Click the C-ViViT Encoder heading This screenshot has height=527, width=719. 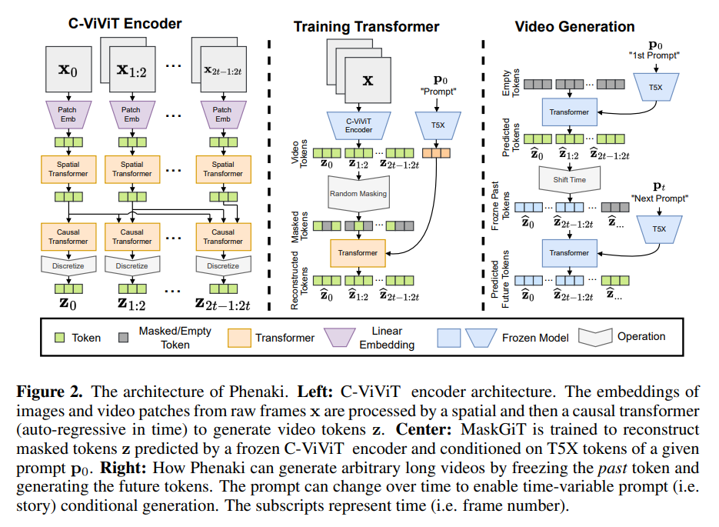pos(125,23)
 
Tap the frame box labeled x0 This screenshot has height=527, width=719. pos(68,69)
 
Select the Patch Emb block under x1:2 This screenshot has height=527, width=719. pos(132,114)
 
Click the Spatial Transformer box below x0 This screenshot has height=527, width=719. pos(68,169)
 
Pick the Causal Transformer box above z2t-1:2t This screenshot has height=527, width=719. pos(223,237)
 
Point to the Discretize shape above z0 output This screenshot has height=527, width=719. pos(68,265)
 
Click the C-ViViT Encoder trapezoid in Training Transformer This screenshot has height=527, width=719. pos(358,125)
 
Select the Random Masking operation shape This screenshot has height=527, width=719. pos(358,194)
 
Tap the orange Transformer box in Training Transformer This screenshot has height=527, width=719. pos(358,253)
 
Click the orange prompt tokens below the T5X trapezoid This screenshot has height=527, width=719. pos(436,153)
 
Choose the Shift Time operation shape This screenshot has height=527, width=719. pos(570,179)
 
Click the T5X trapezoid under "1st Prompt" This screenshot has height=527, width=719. pos(656,87)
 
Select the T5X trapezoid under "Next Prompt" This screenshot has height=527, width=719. pos(659,228)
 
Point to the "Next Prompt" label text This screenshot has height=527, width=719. pos(659,198)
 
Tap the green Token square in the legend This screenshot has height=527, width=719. pos(60,338)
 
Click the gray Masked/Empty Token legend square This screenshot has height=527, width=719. pos(123,338)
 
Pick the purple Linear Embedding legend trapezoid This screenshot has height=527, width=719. pos(340,337)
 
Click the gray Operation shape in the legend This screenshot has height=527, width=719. pos(595,337)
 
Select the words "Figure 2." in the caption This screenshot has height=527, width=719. pos(49,392)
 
